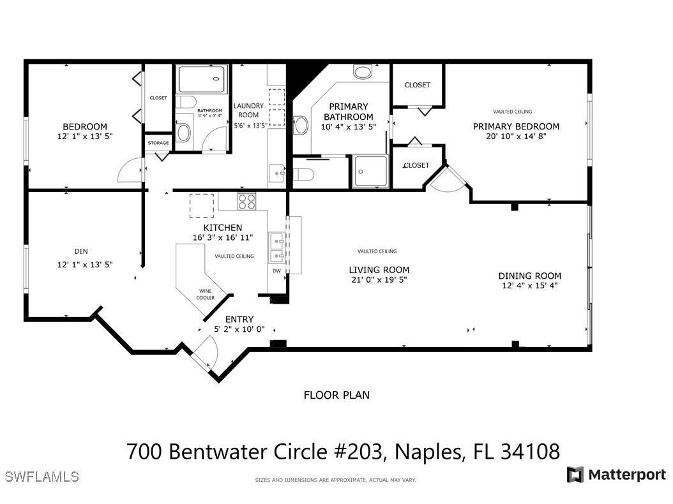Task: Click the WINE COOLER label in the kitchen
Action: (206, 294)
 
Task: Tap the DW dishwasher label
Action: (276, 271)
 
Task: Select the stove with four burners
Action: (246, 202)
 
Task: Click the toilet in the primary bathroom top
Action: (363, 71)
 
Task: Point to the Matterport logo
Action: (616, 475)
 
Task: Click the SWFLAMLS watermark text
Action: (42, 477)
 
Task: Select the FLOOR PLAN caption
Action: (336, 395)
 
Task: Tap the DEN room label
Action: (81, 251)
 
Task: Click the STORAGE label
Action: (158, 143)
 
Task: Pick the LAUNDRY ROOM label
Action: (248, 110)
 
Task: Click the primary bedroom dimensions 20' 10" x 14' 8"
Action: (516, 136)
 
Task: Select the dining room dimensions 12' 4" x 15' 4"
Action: (530, 286)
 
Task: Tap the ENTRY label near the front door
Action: (239, 319)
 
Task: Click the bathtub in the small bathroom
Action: (201, 80)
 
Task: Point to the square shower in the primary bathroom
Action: (371, 171)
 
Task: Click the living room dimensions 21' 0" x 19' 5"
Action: (379, 279)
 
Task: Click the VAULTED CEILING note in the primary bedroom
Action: (512, 112)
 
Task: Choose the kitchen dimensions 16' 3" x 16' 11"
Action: (223, 237)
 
